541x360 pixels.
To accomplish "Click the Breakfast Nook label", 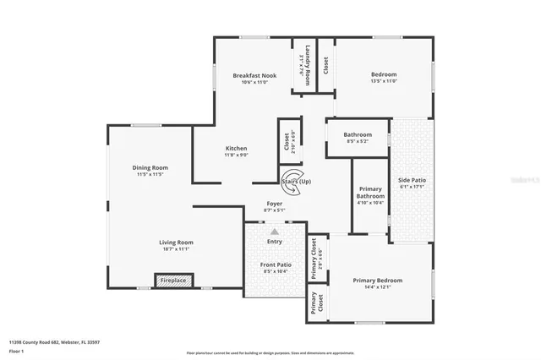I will (254, 75).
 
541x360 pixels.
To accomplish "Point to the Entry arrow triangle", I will (273, 230).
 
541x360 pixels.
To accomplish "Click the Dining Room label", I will (149, 167).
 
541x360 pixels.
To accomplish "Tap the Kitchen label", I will (236, 148).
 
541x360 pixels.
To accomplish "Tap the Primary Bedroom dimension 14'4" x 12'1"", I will (377, 287).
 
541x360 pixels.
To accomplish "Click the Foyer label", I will (274, 204).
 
